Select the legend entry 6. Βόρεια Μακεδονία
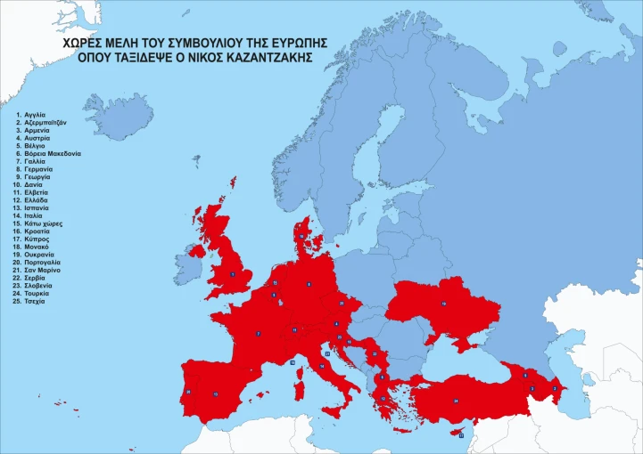(x=54, y=153)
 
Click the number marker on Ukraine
(x=443, y=304)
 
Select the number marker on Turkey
(x=456, y=401)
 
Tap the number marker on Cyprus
(x=461, y=435)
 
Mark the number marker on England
(x=233, y=274)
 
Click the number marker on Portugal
(x=187, y=392)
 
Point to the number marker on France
(x=259, y=334)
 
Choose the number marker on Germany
(x=309, y=284)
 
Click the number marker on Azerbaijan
(x=555, y=388)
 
